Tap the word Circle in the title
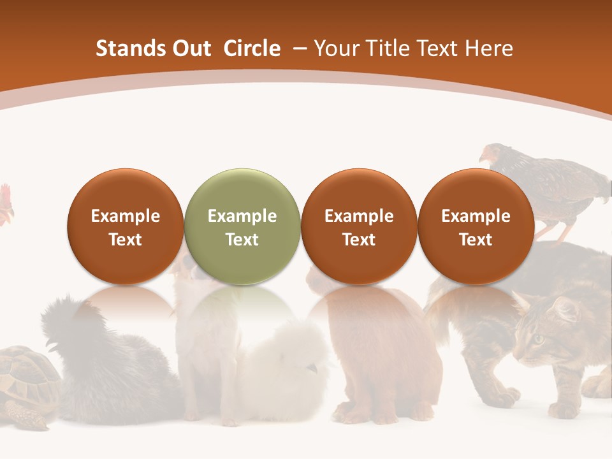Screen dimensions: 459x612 click(252, 48)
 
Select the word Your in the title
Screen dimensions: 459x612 click(336, 48)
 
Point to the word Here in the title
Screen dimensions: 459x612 click(489, 48)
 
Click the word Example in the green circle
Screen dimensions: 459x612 click(242, 216)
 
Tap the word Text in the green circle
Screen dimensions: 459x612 click(242, 240)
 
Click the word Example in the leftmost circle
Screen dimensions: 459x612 click(126, 216)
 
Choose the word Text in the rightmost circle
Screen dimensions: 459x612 click(476, 240)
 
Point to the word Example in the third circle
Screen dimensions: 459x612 click(359, 216)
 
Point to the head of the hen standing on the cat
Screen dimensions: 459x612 click(491, 155)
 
